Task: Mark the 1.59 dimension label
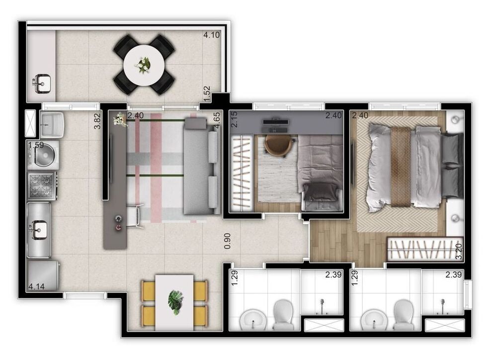coord(36,146)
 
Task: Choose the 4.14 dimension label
coord(36,286)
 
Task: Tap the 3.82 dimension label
coord(98,121)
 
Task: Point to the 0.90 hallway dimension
coord(227,241)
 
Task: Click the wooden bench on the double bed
coord(401,167)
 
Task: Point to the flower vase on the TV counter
coord(119,119)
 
